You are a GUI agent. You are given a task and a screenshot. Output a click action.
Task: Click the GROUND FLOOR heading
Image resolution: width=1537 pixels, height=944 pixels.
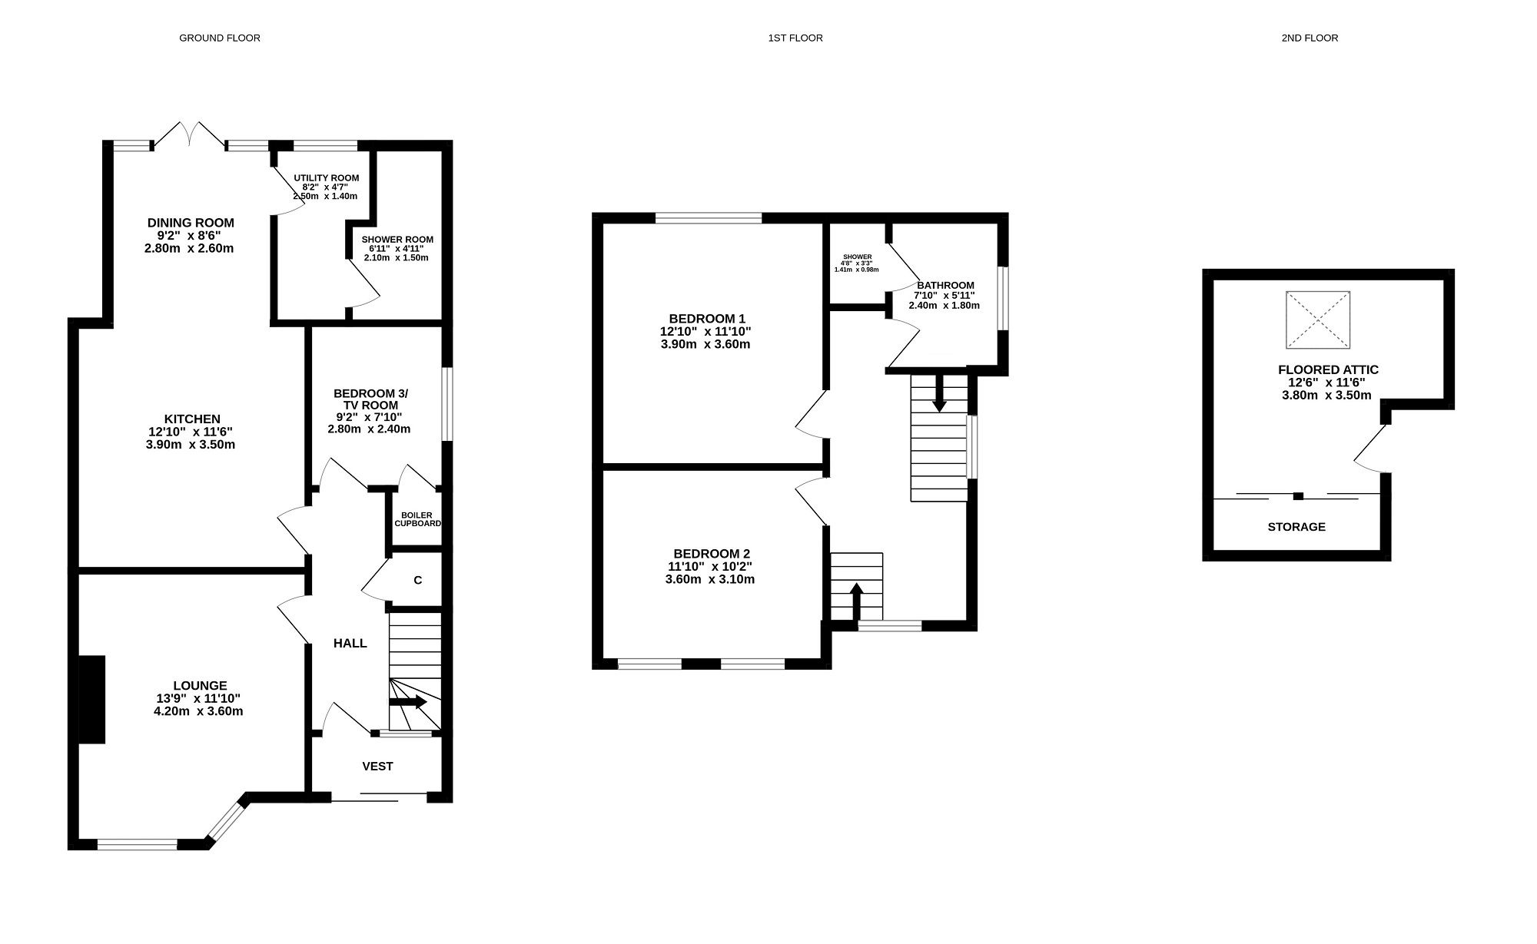(x=219, y=38)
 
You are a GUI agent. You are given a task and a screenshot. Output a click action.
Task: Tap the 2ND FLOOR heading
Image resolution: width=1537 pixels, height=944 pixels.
(x=1310, y=38)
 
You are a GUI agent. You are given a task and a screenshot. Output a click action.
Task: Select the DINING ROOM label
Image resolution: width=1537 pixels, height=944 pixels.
(x=191, y=223)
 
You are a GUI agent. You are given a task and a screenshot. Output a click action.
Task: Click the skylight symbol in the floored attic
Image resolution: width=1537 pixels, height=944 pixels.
(x=1318, y=320)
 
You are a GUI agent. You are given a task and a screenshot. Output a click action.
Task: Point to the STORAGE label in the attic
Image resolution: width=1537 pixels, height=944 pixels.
(x=1296, y=527)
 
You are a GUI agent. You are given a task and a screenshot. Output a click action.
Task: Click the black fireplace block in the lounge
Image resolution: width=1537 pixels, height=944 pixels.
(x=92, y=699)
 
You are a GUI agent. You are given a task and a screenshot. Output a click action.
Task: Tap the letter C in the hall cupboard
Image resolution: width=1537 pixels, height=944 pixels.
(x=417, y=581)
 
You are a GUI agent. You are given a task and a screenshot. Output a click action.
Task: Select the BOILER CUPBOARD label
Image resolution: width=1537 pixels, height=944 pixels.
(x=417, y=519)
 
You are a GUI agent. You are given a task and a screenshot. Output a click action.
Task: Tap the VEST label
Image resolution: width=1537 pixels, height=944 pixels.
(x=377, y=767)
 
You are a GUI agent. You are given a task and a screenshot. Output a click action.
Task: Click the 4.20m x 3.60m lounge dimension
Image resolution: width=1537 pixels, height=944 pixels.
(x=198, y=711)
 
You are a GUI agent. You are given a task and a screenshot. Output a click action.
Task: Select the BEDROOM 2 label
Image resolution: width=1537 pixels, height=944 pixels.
(x=712, y=554)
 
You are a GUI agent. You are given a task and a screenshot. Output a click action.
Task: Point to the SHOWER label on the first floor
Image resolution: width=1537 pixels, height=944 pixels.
(x=857, y=257)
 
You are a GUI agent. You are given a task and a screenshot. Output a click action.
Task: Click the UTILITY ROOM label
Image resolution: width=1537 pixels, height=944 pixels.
(x=326, y=178)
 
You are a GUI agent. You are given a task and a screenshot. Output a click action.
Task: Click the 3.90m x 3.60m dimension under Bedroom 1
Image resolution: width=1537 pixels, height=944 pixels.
(x=705, y=344)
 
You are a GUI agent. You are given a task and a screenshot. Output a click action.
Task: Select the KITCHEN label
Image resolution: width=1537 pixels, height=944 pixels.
(x=192, y=419)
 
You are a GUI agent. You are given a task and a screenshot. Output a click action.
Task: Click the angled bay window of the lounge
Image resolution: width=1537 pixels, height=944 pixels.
(x=226, y=820)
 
